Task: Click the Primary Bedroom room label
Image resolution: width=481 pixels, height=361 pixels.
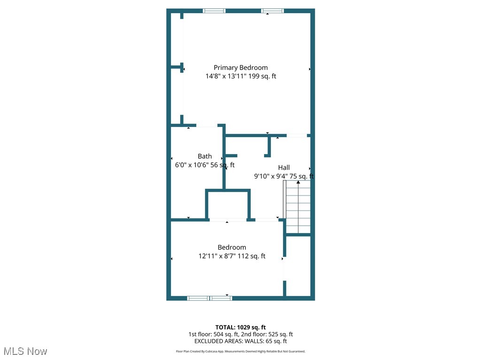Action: [x=240, y=68]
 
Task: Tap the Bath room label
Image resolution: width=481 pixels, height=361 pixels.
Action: [x=204, y=156]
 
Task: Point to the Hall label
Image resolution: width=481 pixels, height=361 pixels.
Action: [x=284, y=167]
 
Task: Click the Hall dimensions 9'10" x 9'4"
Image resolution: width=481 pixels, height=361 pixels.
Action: [x=270, y=176]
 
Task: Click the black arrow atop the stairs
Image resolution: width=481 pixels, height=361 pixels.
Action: [x=298, y=182]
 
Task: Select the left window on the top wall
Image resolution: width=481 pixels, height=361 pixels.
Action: [x=214, y=11]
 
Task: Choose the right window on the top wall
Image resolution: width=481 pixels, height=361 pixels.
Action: [x=272, y=11]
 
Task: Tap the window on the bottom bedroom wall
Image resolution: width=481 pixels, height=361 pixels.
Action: [x=209, y=298]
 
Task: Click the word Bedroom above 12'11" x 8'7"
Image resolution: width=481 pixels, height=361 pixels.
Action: [x=232, y=247]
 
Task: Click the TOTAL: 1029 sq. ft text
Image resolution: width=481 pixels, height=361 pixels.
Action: [x=240, y=327]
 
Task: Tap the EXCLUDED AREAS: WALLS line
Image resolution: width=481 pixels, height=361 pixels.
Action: [x=240, y=341]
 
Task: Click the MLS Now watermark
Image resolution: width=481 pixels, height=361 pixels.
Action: [x=25, y=351]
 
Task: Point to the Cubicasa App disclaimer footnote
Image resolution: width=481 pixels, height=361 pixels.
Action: [x=240, y=351]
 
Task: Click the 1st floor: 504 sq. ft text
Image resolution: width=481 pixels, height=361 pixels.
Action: [x=213, y=334]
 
